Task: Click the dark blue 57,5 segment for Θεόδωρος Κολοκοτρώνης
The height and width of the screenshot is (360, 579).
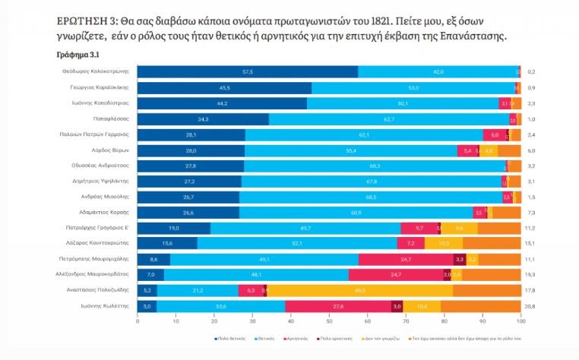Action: point(247,71)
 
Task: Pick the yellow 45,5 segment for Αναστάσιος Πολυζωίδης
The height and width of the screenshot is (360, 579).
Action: point(359,290)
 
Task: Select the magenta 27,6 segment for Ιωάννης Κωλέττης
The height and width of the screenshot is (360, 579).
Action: point(337,306)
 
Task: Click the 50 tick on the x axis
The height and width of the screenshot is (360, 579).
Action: point(328,321)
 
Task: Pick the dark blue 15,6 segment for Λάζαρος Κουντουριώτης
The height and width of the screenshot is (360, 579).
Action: point(167,243)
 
